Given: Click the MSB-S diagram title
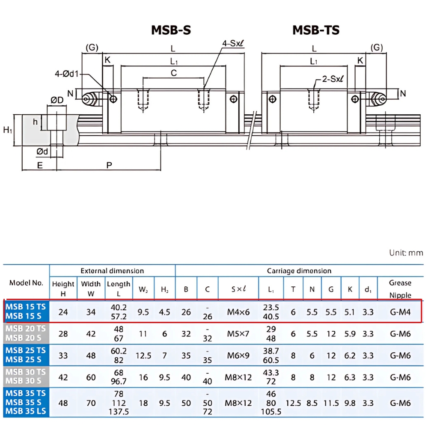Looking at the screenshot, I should [171, 30].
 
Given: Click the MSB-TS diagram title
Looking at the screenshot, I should [316, 30].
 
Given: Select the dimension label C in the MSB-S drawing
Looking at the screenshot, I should [174, 73].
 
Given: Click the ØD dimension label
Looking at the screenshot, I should [57, 100].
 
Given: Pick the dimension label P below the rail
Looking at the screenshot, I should [109, 165].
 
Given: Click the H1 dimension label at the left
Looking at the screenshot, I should [7, 130].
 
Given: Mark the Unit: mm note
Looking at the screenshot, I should [406, 253].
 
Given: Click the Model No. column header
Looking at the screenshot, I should [26, 283].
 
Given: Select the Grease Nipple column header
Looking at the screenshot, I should [400, 289].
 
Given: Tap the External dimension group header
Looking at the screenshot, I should [112, 271].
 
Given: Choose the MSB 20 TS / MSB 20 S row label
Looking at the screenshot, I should [26, 333].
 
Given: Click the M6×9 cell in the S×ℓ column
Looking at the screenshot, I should [238, 356].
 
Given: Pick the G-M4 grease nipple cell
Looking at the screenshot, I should [400, 312].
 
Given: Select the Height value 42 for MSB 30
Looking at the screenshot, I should [63, 377].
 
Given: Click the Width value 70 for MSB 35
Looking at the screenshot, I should [91, 403].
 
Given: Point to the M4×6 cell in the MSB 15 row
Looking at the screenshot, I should [238, 312].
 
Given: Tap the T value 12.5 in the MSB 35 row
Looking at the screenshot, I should [293, 403].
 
